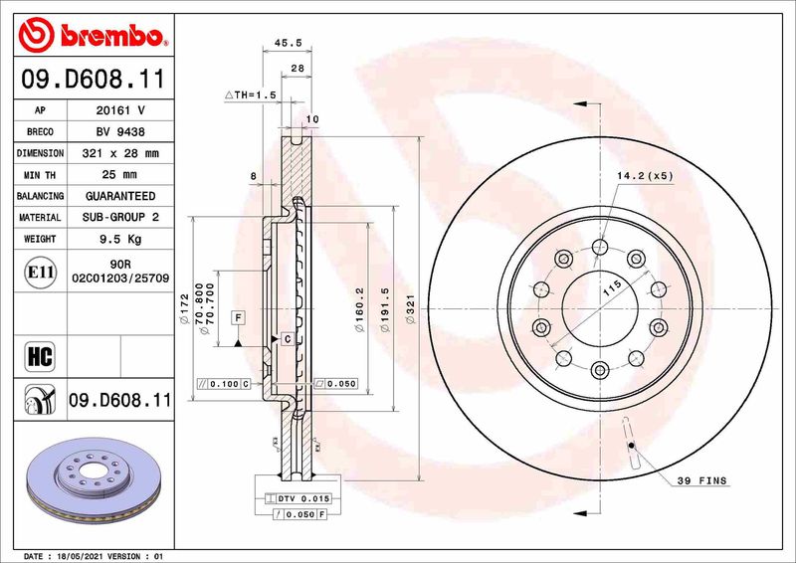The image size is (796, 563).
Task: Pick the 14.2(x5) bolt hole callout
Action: (645, 175)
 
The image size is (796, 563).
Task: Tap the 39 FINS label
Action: (702, 480)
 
